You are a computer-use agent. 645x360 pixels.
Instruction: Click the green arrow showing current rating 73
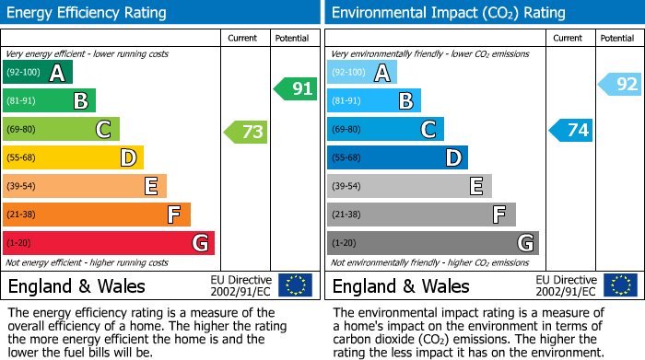(x=246, y=132)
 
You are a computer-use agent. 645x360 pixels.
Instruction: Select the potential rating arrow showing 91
(x=295, y=89)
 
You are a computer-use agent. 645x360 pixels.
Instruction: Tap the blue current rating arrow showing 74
(x=570, y=130)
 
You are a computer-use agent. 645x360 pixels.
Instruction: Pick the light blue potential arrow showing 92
(x=620, y=85)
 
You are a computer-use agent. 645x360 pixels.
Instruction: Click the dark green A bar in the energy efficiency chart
(x=38, y=73)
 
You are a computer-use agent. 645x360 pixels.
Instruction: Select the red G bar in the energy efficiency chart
(x=109, y=243)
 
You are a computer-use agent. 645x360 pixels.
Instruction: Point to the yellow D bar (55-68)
(x=73, y=157)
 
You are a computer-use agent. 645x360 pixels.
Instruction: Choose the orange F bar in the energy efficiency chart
(x=97, y=215)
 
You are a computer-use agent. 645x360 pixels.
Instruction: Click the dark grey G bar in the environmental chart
(x=432, y=243)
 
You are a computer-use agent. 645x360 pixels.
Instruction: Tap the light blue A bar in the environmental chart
(x=362, y=73)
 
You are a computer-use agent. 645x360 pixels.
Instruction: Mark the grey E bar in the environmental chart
(x=409, y=186)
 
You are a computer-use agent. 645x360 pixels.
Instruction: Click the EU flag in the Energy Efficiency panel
(x=295, y=285)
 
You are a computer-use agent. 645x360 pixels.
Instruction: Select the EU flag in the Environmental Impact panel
(x=619, y=285)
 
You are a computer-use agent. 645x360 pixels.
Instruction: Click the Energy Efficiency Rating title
(x=88, y=13)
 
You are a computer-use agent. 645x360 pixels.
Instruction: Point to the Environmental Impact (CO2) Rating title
(x=448, y=13)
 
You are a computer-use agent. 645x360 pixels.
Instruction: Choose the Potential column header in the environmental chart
(x=617, y=38)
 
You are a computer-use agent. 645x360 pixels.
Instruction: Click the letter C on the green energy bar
(x=104, y=130)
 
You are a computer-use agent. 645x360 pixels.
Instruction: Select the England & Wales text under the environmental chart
(x=401, y=285)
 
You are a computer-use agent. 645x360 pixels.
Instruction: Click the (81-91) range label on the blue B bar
(x=347, y=101)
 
